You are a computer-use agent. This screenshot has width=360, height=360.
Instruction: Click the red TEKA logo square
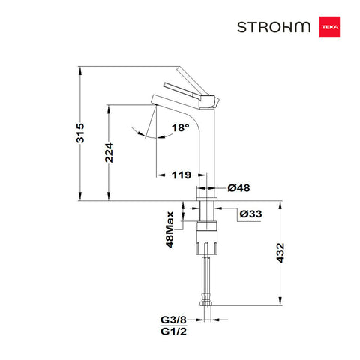click(x=330, y=27)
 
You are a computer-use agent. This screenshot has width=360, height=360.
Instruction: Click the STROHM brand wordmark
click(x=274, y=27)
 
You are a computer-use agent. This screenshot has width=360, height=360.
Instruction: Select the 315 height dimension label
click(x=80, y=133)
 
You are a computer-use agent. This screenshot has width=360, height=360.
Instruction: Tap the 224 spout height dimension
click(x=109, y=153)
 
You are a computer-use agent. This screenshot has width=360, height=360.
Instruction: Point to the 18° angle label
click(x=180, y=128)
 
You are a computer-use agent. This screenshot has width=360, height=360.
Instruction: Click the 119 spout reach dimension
click(x=181, y=175)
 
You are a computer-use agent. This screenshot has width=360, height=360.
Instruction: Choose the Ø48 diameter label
click(x=238, y=188)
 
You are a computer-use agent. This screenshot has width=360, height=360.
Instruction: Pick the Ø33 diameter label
click(x=250, y=214)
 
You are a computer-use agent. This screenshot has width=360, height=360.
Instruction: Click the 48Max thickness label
click(x=170, y=229)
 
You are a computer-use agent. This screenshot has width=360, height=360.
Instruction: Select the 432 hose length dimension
click(x=280, y=253)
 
